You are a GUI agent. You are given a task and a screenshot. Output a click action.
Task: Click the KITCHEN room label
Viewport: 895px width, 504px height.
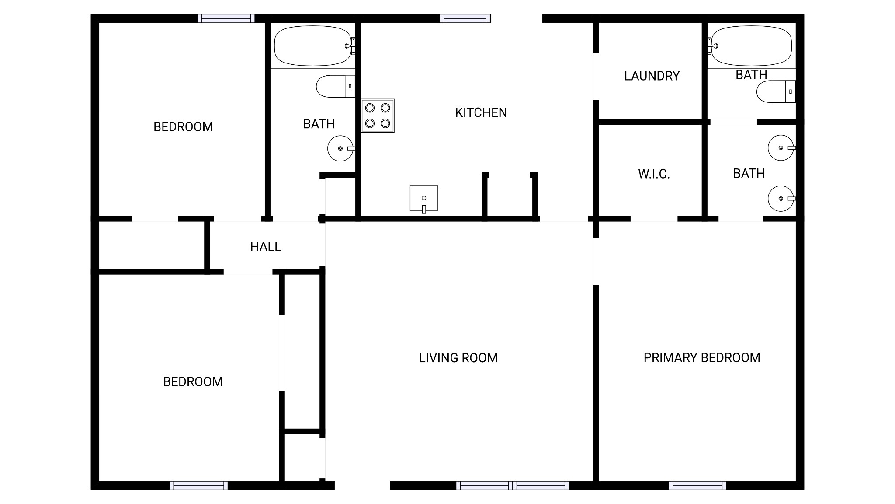pos(481,112)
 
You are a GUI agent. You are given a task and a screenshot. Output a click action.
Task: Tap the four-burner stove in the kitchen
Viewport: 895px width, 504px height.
pos(378,115)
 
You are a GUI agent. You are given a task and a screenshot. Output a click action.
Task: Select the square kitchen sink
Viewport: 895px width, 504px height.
pos(423,198)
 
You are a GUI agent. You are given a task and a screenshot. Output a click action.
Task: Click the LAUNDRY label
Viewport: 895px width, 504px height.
pos(652,76)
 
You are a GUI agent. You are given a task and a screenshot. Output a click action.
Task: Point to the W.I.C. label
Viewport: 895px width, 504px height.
pos(654,174)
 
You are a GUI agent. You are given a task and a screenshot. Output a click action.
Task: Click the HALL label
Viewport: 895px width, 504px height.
pos(265,247)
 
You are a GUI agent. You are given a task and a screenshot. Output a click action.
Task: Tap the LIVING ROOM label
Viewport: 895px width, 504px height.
pos(458,358)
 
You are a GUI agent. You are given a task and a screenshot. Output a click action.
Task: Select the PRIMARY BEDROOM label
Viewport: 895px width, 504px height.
pos(701,358)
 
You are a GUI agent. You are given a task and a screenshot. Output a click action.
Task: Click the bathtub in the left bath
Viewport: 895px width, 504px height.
pos(312,46)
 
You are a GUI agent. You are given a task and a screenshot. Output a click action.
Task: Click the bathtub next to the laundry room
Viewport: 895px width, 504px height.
pos(751,46)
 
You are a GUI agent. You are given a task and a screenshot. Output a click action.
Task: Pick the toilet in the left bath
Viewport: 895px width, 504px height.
pos(335,87)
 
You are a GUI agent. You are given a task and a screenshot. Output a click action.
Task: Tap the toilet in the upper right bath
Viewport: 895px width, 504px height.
pos(776,91)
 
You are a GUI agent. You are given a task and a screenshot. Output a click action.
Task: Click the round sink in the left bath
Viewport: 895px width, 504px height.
pos(340,148)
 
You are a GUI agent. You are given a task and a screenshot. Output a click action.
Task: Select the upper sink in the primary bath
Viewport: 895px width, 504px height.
pos(781,148)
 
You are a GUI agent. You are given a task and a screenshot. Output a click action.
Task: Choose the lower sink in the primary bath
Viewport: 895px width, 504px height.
pos(781,199)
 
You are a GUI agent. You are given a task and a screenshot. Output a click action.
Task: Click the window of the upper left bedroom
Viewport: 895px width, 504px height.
pos(226,18)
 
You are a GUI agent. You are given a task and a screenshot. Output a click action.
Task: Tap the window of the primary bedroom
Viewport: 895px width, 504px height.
pos(697,485)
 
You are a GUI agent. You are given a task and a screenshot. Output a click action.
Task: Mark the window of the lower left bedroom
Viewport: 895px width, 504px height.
pos(199,485)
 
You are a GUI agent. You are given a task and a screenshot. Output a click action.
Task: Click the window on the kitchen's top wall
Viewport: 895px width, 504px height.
pos(465,18)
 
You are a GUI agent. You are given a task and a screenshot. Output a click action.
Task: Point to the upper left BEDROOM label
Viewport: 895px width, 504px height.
pos(183,127)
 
